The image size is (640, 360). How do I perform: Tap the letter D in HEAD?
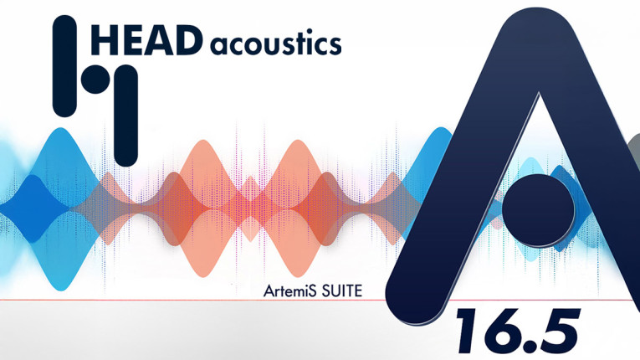(x=188, y=40)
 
